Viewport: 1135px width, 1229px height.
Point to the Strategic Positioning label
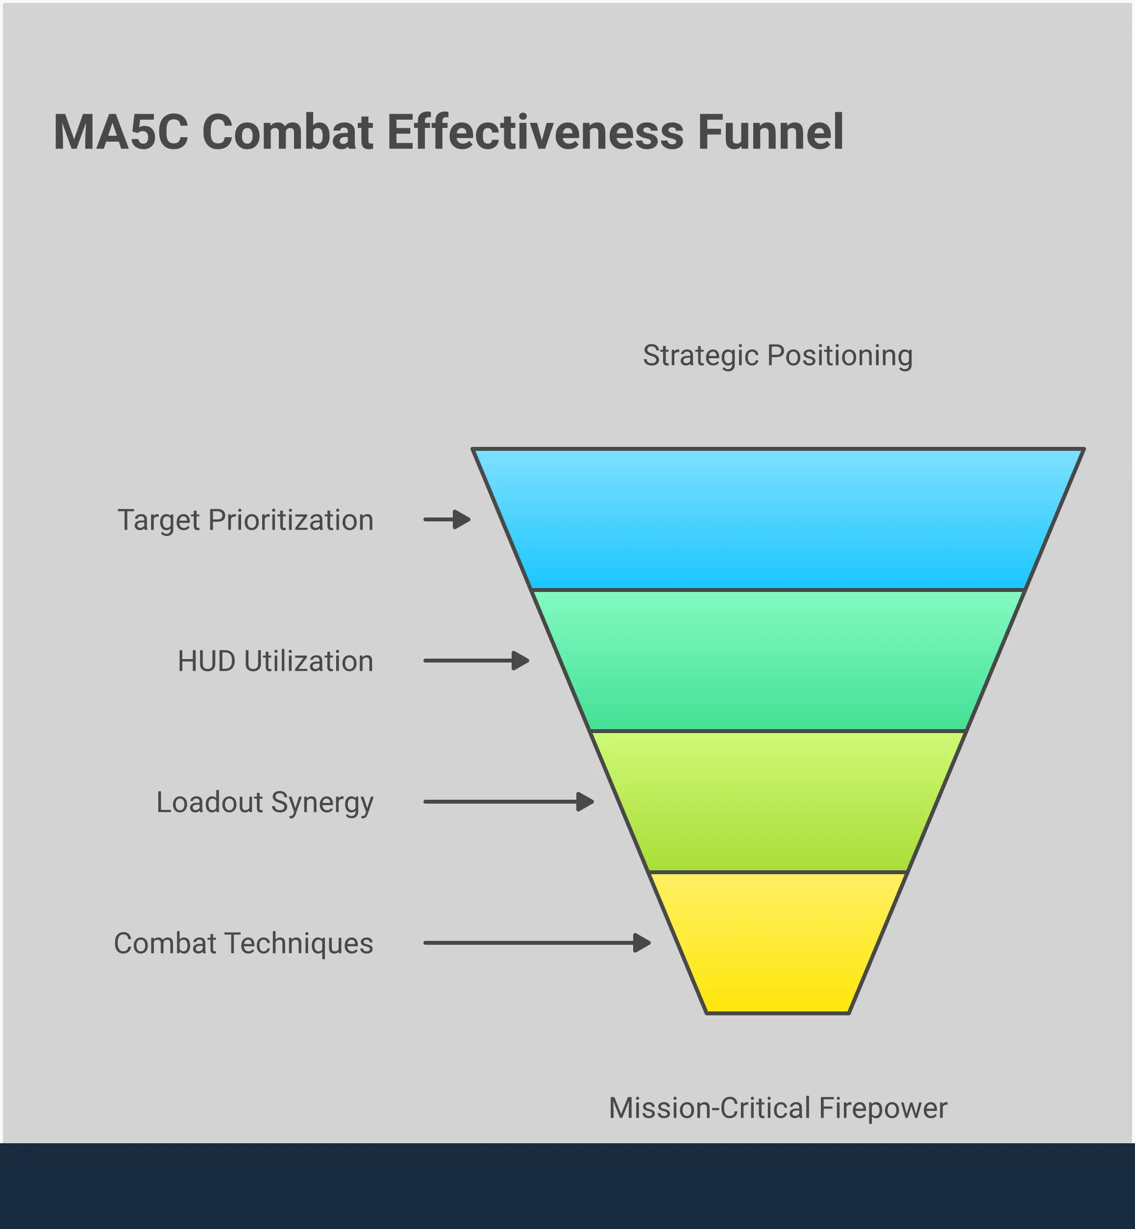click(778, 356)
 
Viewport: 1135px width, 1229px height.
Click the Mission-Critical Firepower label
click(778, 1108)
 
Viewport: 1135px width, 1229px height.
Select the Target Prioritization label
click(245, 520)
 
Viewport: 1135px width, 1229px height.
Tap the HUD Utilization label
click(275, 662)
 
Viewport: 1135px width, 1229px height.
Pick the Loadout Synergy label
click(265, 803)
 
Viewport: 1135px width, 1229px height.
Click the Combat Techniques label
click(243, 943)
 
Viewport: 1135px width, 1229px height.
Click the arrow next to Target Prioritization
click(447, 519)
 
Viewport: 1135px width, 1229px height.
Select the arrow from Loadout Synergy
click(509, 802)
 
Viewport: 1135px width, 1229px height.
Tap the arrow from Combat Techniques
click(537, 943)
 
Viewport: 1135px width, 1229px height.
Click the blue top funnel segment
click(778, 519)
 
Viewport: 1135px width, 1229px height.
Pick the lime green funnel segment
click(778, 802)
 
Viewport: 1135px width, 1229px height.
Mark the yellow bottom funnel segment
click(778, 943)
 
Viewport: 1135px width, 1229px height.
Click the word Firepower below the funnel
click(883, 1108)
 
